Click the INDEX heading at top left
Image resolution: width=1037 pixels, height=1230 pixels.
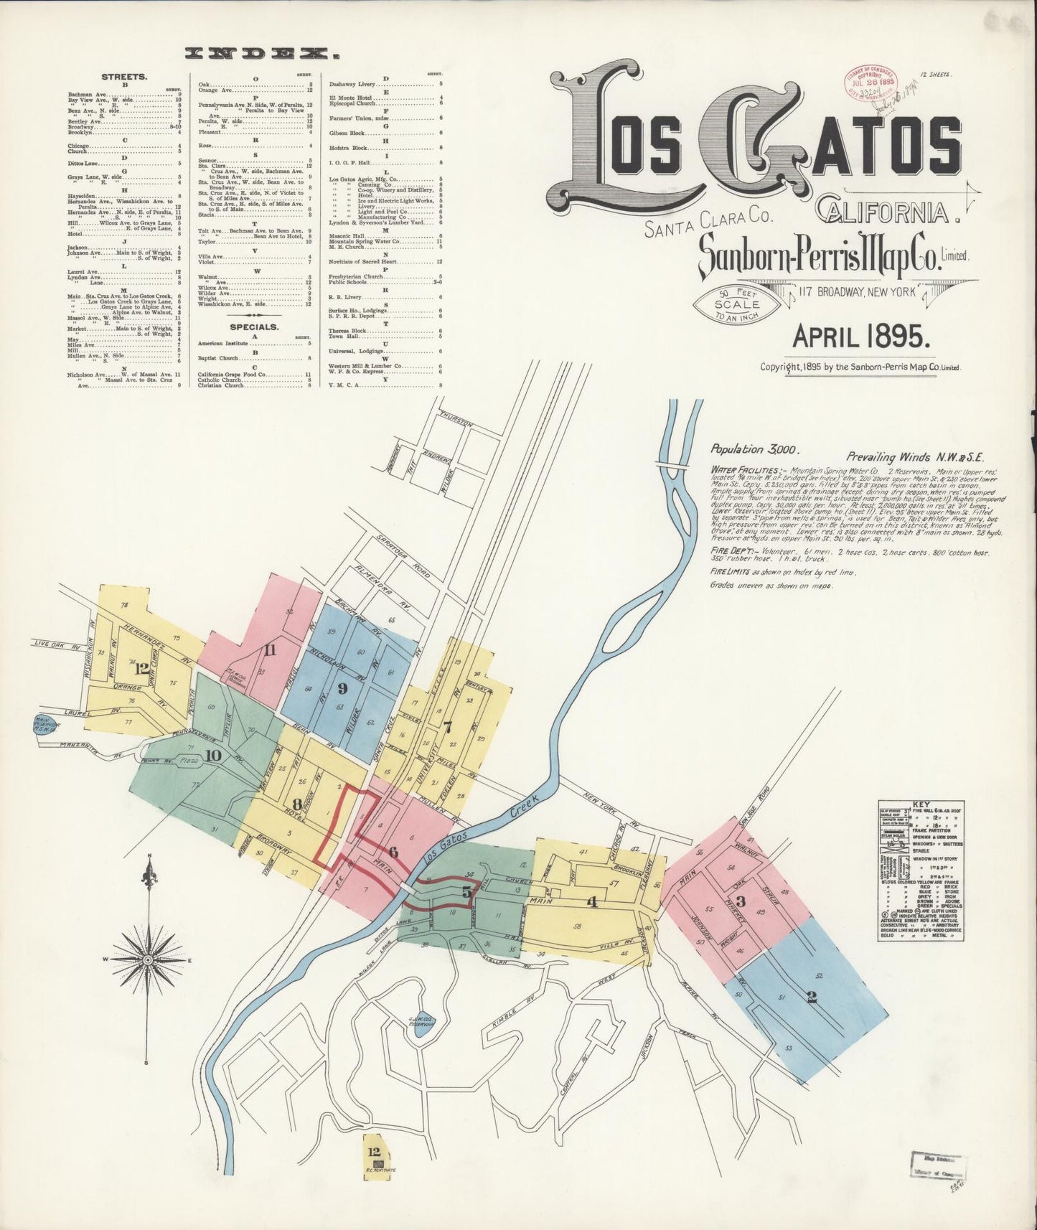click(x=261, y=52)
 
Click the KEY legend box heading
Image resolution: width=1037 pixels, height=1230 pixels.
click(x=921, y=805)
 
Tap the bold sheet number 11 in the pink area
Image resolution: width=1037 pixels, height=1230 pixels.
click(x=270, y=651)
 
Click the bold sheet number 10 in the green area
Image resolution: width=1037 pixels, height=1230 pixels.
click(x=212, y=755)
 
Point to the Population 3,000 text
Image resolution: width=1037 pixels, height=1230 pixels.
click(x=754, y=449)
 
